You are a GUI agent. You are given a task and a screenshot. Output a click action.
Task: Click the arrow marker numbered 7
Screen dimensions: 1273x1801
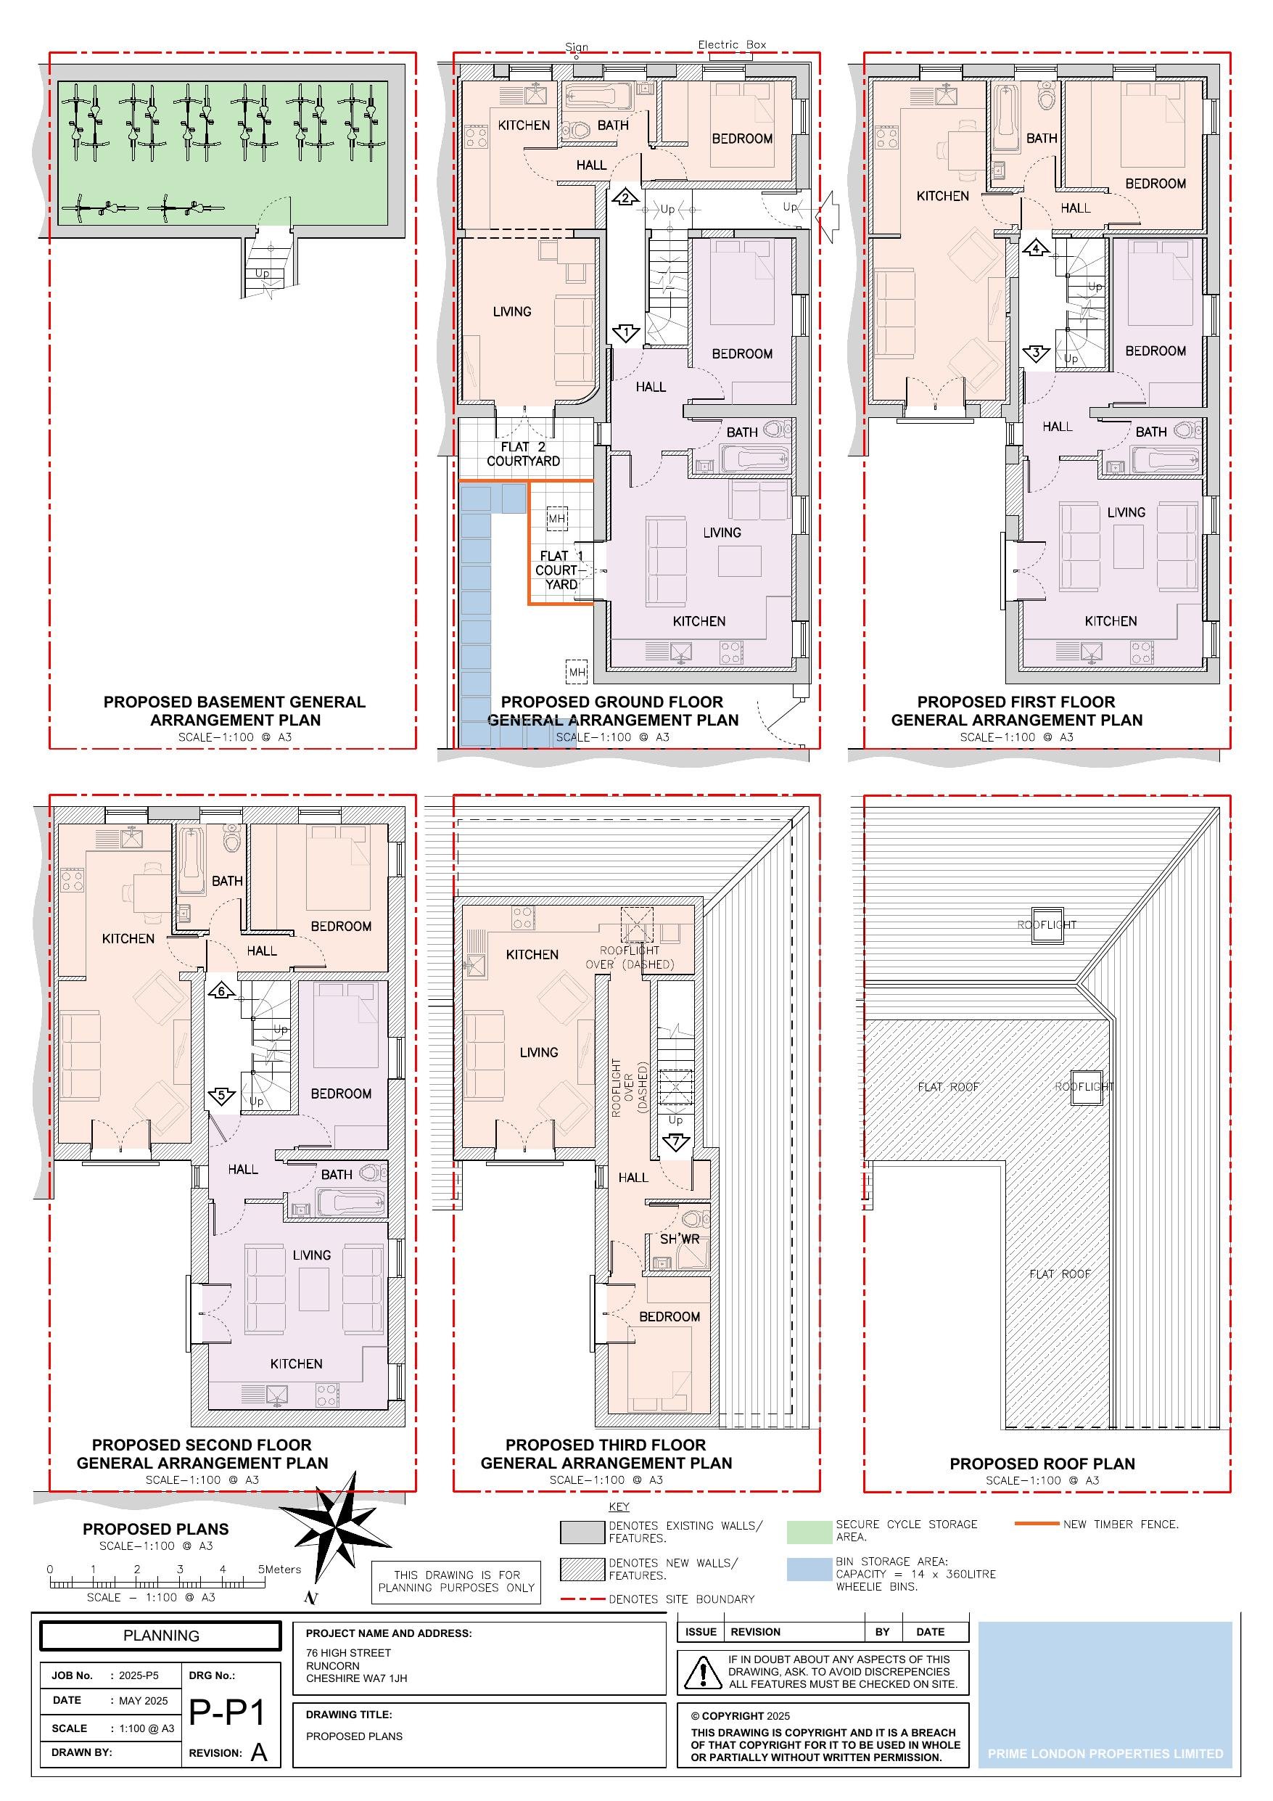(x=675, y=1143)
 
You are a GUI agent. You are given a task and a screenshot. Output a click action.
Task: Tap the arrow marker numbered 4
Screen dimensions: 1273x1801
(x=1036, y=249)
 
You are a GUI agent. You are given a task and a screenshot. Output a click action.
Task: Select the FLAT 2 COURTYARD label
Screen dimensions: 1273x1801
(x=523, y=454)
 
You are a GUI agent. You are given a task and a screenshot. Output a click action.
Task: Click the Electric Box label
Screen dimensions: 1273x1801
(x=732, y=45)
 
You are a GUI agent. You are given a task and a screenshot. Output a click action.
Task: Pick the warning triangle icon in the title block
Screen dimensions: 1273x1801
(x=703, y=1672)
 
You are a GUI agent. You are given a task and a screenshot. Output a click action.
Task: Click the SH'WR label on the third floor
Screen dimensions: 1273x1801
(x=679, y=1239)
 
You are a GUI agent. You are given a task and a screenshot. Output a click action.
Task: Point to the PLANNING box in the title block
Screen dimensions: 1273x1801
(x=161, y=1636)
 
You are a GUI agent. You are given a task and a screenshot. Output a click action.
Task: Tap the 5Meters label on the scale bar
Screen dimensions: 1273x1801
(x=279, y=1569)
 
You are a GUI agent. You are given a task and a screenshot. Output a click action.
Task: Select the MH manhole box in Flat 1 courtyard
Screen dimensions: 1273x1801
(x=556, y=519)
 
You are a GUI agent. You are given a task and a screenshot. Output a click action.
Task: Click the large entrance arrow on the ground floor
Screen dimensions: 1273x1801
(x=828, y=214)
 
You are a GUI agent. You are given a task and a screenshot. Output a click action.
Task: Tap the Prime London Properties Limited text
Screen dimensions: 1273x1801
(x=1105, y=1753)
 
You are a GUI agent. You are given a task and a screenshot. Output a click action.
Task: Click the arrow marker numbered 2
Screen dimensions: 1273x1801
(x=625, y=196)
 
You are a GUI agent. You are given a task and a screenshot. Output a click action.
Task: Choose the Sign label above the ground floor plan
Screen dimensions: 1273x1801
(x=577, y=47)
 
